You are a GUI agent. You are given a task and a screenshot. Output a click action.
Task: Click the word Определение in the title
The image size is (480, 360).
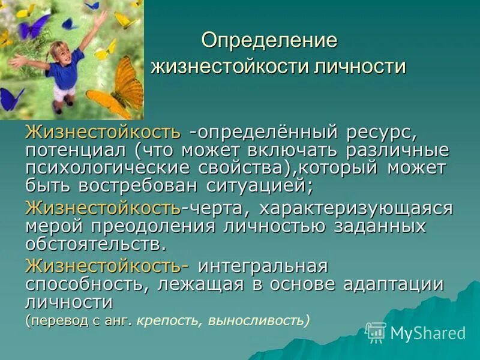point(270,40)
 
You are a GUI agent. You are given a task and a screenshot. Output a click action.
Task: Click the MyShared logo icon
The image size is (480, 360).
point(376,332)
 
